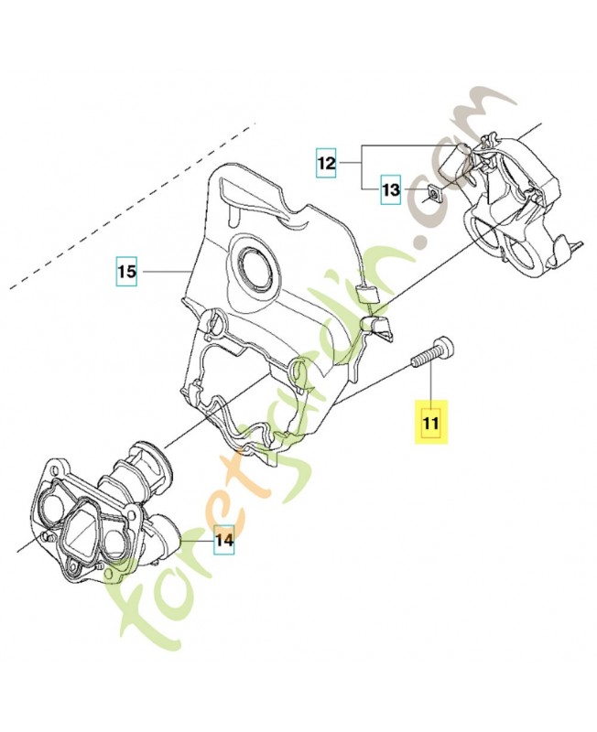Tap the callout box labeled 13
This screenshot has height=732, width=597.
(x=391, y=190)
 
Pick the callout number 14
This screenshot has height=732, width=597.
(x=224, y=542)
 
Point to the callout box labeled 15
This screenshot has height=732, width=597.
(x=126, y=272)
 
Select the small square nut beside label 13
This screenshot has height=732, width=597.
(x=430, y=193)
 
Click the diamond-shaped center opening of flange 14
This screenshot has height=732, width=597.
(x=81, y=532)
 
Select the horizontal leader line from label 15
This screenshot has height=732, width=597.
(x=165, y=272)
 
